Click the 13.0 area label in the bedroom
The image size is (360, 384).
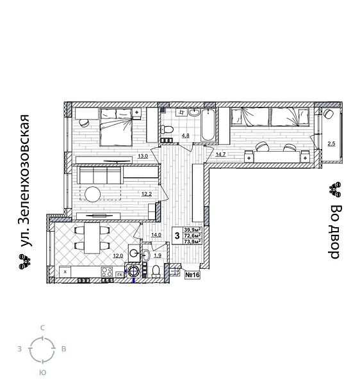143,156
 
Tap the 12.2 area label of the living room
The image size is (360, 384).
146,194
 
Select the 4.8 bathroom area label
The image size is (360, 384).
185,135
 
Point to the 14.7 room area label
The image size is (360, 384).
220,155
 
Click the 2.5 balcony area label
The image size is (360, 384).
331,144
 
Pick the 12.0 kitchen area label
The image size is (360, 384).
117,256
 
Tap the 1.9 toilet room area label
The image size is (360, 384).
157,256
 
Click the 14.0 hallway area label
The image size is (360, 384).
156,235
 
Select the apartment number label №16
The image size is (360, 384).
192,275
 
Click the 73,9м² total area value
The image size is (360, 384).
192,241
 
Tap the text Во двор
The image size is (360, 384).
334,231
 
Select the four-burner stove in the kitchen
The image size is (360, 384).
107,272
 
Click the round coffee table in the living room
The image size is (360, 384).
94,193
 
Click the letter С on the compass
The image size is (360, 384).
42,328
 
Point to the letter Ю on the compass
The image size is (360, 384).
42,372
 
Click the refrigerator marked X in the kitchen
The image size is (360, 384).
65,272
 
